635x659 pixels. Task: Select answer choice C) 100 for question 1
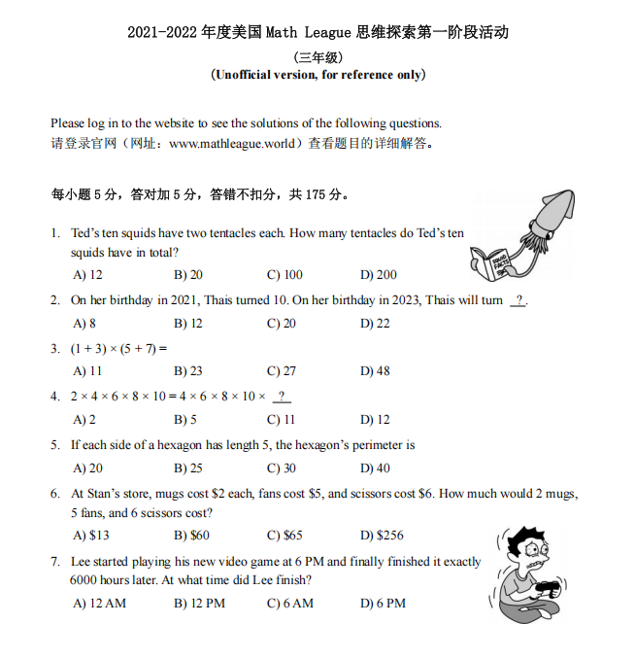(x=284, y=275)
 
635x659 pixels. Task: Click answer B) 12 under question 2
(x=188, y=323)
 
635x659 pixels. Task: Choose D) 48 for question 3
(x=375, y=370)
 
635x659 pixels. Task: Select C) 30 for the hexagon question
(x=281, y=468)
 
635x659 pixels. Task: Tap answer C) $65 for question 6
(x=284, y=535)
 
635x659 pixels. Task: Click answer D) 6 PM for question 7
(x=383, y=603)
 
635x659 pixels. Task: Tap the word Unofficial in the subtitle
(x=248, y=75)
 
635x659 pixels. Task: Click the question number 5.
(x=55, y=445)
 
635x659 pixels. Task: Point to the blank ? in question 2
(x=518, y=300)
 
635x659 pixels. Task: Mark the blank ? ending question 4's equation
(x=283, y=397)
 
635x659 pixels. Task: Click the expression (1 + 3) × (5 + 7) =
(x=119, y=348)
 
